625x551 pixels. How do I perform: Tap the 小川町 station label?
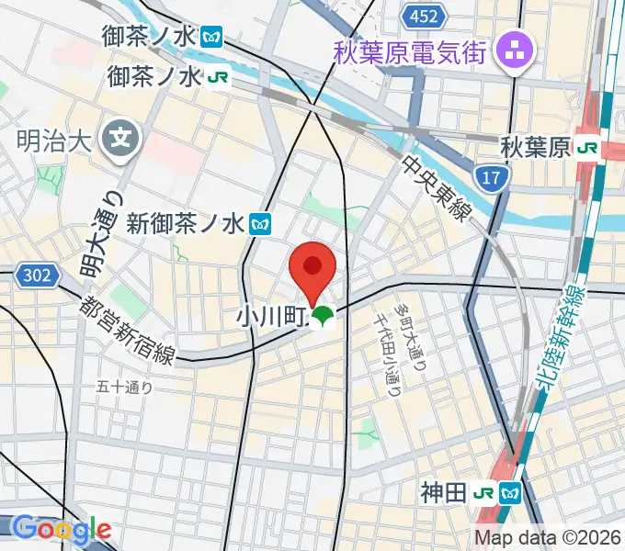[271, 318]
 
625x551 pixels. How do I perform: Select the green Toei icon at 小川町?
[321, 319]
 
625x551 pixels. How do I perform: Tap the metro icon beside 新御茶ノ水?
[261, 222]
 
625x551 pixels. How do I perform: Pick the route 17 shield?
[493, 177]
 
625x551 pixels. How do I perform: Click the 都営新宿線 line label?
[128, 329]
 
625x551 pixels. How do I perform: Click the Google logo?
[62, 529]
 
